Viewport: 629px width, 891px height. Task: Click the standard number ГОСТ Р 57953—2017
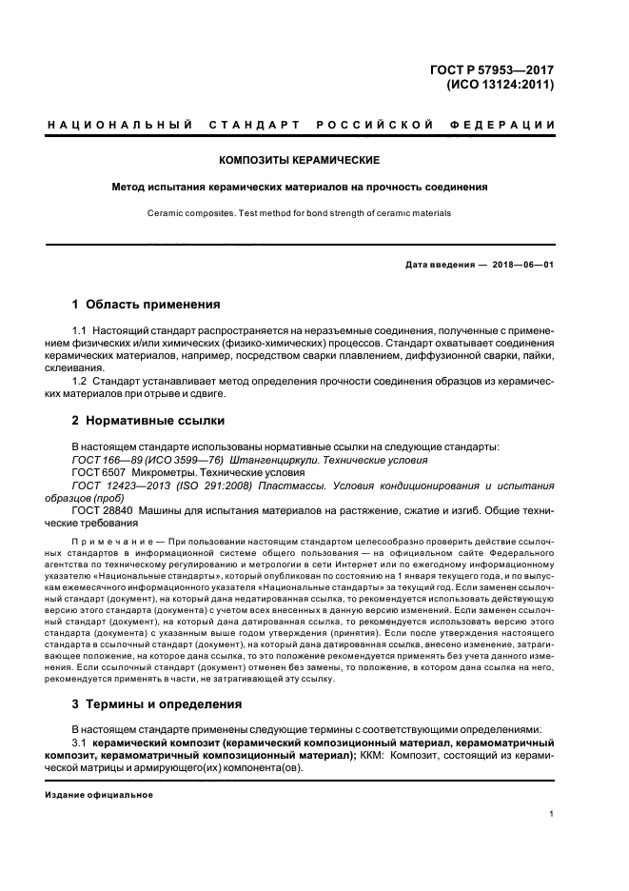tap(495, 69)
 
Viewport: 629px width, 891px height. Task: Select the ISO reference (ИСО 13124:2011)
tap(501, 84)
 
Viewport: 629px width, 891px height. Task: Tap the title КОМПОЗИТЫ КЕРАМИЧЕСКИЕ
tap(300, 160)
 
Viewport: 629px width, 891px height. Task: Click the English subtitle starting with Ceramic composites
tap(300, 213)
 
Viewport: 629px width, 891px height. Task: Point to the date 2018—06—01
tap(521, 264)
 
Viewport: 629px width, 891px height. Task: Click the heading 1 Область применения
tap(147, 305)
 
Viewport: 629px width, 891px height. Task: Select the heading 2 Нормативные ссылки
tap(150, 420)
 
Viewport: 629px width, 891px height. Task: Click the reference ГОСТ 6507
tap(98, 472)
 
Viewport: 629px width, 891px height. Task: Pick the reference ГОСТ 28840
tap(102, 511)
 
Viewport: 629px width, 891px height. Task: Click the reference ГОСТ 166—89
tap(106, 459)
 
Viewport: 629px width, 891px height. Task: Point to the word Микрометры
tap(162, 472)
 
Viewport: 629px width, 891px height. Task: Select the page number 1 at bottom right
tap(552, 815)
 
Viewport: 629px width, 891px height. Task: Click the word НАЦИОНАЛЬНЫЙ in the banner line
tap(121, 126)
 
